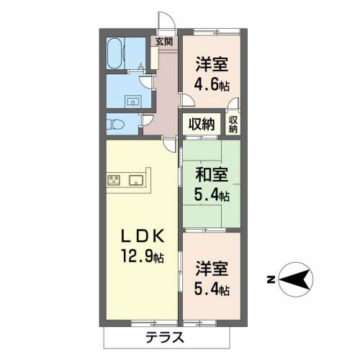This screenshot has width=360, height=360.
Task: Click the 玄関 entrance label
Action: tap(164, 42)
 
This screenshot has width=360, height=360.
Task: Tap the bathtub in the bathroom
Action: tap(114, 53)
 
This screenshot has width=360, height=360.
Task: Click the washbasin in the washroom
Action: tap(132, 102)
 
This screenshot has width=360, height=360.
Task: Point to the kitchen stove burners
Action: tap(114, 180)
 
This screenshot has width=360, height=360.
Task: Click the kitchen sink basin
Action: tap(136, 180)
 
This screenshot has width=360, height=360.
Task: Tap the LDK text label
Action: tap(143, 237)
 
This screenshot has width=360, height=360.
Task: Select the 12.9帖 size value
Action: tap(143, 256)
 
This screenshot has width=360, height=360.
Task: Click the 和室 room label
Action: tap(212, 174)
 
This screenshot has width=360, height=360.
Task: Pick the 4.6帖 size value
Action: tap(212, 84)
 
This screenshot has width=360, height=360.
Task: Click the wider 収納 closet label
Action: tap(202, 124)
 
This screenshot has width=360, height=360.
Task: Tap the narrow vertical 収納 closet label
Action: tap(233, 125)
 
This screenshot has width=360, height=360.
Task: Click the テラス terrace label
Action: tap(165, 337)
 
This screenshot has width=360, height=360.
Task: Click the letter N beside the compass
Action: tap(271, 280)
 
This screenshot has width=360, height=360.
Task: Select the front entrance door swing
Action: tap(166, 20)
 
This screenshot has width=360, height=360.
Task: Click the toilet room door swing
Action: tap(147, 120)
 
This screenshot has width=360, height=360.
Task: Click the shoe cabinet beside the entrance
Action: tap(154, 58)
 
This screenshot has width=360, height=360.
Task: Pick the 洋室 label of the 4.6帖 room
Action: tap(212, 64)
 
